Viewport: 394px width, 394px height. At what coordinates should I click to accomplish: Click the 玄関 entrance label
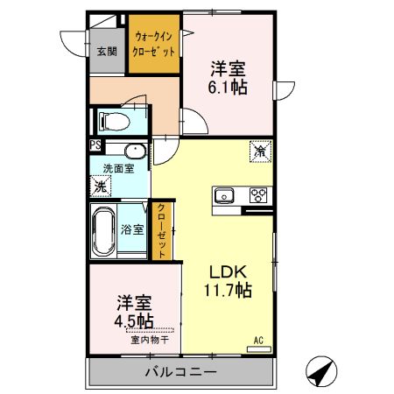[105, 51]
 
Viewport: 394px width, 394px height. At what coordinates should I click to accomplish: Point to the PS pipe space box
[94, 147]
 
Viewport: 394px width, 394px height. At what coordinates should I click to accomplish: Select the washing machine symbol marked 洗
[102, 186]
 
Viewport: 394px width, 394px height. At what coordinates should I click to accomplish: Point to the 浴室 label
[133, 229]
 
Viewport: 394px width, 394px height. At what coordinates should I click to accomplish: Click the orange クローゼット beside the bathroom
[162, 230]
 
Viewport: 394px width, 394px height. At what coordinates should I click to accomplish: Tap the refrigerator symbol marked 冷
[260, 151]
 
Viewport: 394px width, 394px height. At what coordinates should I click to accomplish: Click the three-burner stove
[259, 195]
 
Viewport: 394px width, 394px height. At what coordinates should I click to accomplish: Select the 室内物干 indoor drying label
[150, 340]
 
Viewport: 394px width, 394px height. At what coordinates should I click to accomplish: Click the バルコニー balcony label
[179, 373]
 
